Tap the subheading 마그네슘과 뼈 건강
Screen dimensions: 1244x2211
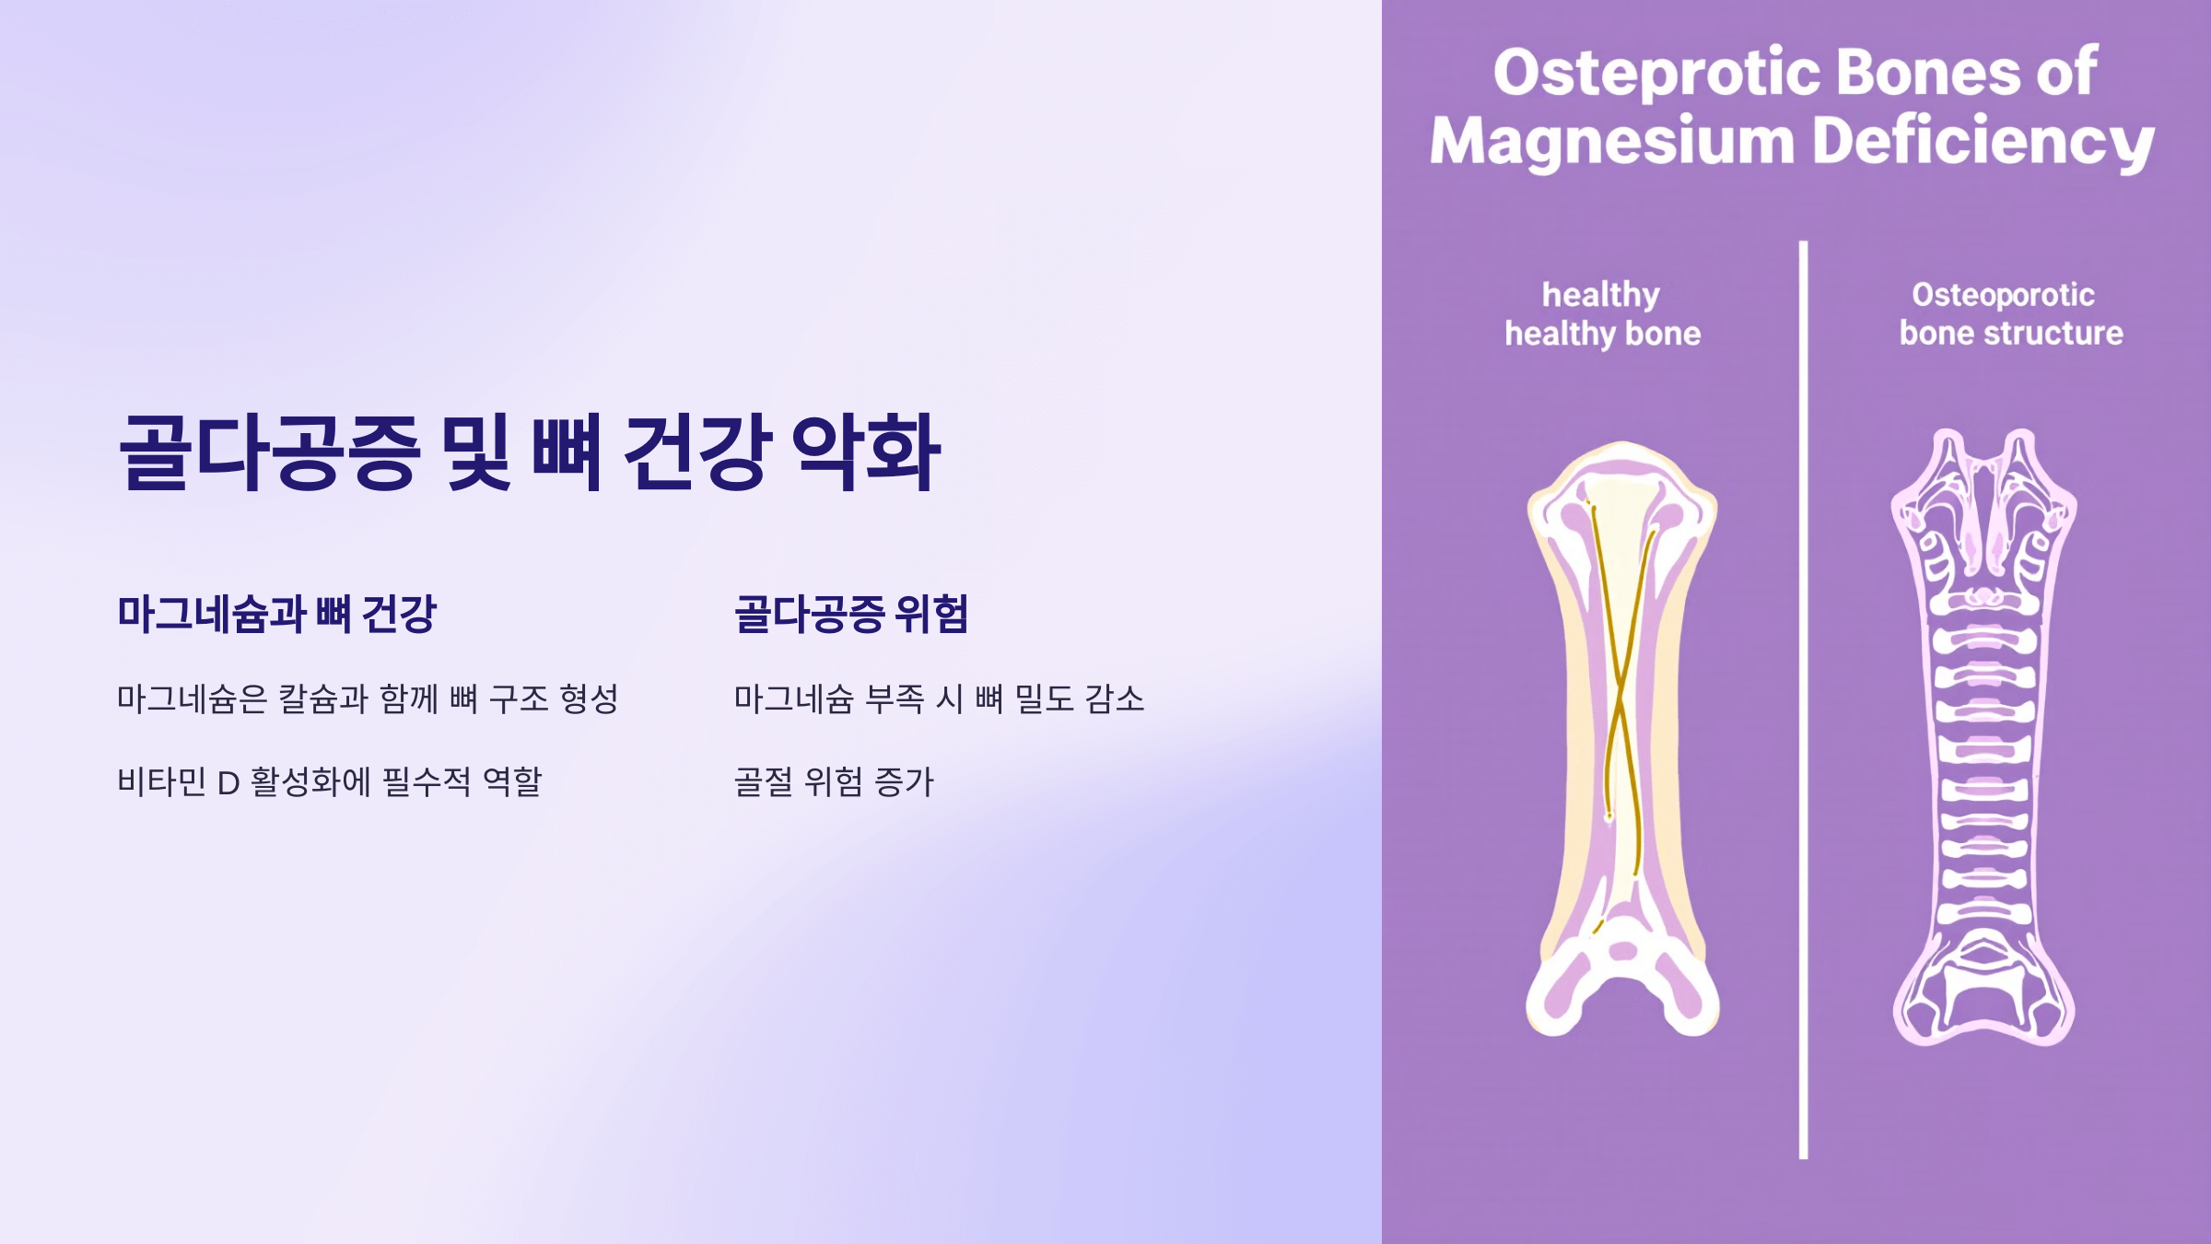pos(276,614)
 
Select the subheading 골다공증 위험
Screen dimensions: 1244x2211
pos(850,614)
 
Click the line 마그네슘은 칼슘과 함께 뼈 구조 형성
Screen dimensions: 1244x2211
pos(367,698)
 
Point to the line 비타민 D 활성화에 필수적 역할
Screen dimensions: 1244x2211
pos(329,781)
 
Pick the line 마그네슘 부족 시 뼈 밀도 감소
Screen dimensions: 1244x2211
pos(939,698)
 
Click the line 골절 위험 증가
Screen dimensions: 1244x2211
pos(834,781)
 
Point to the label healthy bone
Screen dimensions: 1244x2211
pos(1603,334)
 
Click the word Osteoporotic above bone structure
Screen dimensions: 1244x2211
pos(2003,295)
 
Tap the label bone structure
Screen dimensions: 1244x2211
pos(2011,334)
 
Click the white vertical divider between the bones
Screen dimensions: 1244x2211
pos(1803,700)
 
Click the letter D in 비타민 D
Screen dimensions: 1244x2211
pos(228,783)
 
